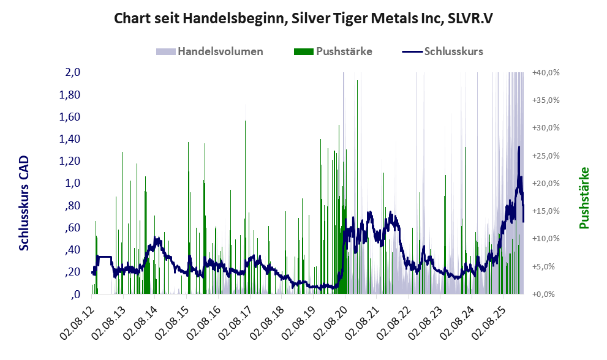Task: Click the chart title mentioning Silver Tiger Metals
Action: pos(304,19)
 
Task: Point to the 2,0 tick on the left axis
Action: pos(73,72)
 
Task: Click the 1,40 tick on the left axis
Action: pos(70,139)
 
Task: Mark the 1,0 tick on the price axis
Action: pos(73,183)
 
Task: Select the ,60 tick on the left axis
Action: pos(73,228)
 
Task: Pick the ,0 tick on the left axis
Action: pos(75,294)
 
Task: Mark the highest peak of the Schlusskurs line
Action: pos(519,147)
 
